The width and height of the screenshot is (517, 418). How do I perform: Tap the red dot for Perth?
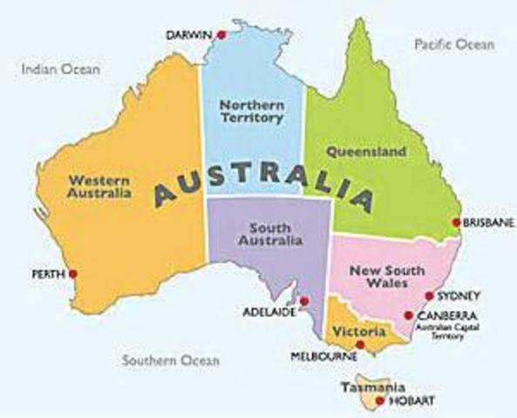coord(73,273)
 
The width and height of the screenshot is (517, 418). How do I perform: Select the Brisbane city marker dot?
coord(456,222)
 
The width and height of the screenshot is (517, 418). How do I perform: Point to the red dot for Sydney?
coord(428,296)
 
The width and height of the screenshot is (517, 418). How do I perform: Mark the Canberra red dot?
coord(408,315)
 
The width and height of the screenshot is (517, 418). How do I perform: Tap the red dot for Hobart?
coord(380,400)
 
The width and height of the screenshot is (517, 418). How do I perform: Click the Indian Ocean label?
coord(61,69)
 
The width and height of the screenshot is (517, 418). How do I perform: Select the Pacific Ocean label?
coord(452,44)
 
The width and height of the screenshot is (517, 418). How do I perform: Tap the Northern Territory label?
coord(252,111)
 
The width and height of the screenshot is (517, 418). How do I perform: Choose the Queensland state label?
coord(366,152)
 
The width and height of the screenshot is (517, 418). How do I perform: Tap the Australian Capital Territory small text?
coord(444,332)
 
